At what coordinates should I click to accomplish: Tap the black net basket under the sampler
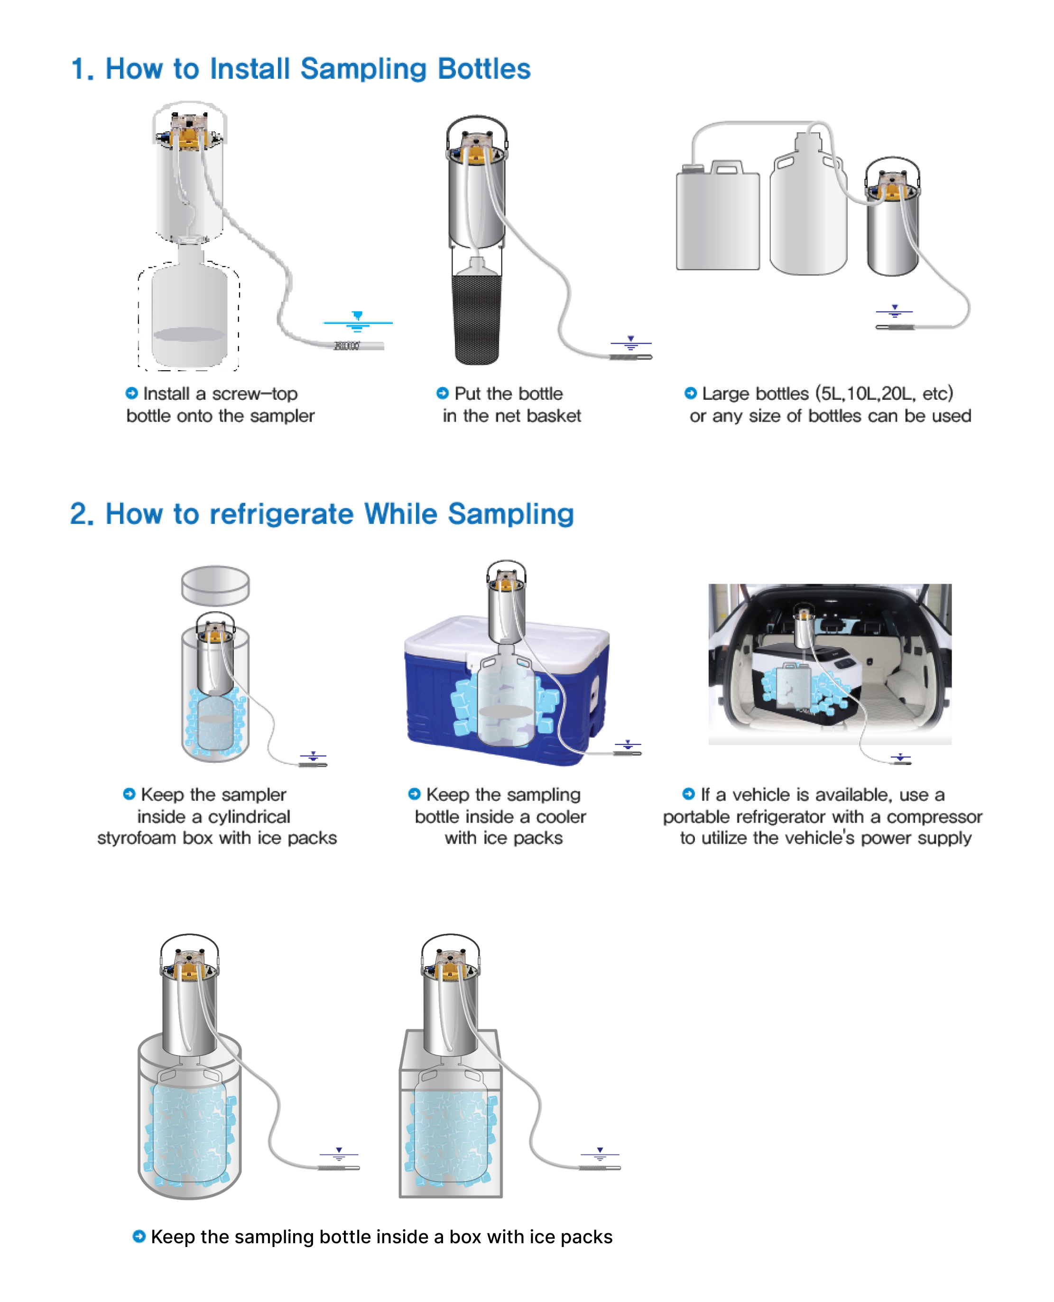point(477,319)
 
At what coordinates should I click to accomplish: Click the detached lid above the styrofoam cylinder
point(215,586)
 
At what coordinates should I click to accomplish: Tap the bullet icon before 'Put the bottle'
point(443,393)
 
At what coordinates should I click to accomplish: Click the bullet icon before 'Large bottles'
point(690,393)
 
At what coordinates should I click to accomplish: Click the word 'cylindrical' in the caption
point(249,816)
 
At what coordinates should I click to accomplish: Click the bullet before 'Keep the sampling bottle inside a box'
point(139,1236)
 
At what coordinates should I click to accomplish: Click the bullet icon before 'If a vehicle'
point(688,794)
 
